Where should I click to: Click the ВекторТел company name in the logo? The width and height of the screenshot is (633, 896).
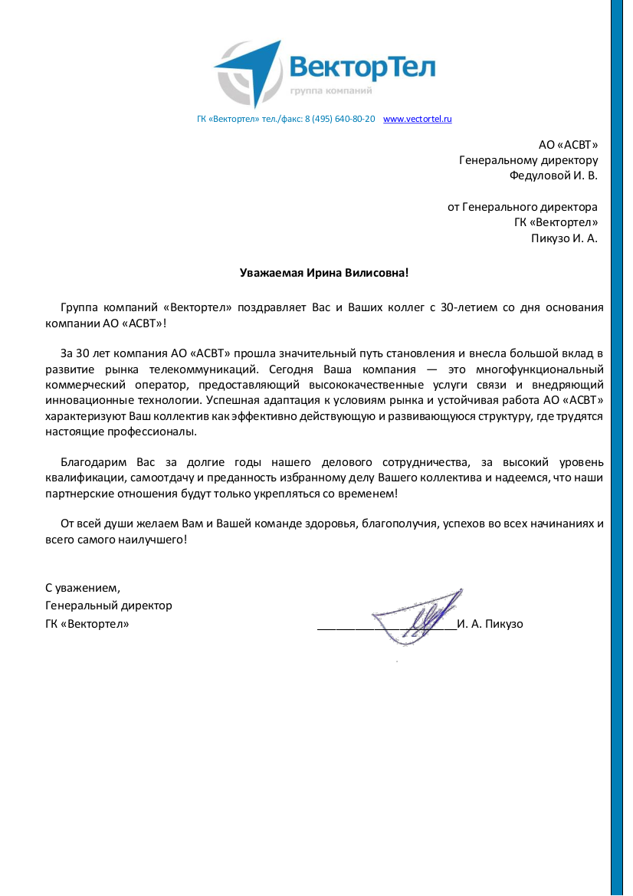coord(362,67)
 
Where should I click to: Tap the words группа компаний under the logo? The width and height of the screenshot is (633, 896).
coord(331,91)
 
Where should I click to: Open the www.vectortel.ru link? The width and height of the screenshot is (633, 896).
coord(417,120)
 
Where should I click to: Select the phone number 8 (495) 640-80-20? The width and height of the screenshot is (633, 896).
coord(339,120)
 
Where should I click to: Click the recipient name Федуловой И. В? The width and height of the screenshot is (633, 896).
coord(553,175)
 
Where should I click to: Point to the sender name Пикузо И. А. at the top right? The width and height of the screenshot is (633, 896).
coord(564,238)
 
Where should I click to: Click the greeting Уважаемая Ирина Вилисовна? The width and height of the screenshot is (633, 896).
coord(324,272)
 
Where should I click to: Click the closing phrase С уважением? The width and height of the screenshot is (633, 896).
coord(82,588)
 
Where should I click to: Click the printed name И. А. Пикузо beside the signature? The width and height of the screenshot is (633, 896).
coord(490,624)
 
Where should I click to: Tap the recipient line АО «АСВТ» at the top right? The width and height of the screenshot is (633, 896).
coord(568,144)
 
